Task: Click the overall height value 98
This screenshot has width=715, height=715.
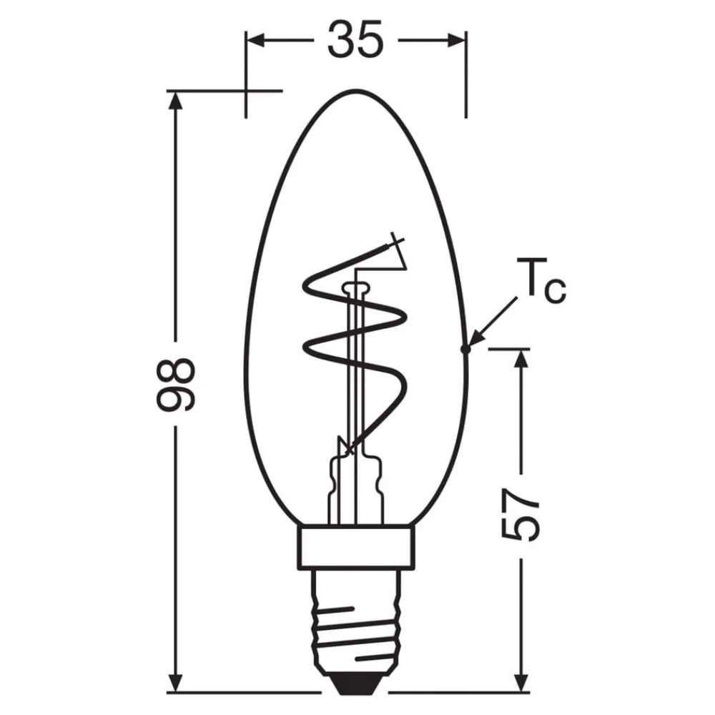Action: tap(175, 385)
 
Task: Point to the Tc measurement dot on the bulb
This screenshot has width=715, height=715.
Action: tap(465, 349)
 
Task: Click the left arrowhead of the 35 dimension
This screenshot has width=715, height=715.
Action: tap(254, 40)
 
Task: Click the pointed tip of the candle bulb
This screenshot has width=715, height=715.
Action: tap(356, 92)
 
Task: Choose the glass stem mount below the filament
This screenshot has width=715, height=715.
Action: tap(355, 486)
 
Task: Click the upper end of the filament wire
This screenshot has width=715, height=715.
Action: tap(395, 241)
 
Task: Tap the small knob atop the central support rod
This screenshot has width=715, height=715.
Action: tap(355, 288)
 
